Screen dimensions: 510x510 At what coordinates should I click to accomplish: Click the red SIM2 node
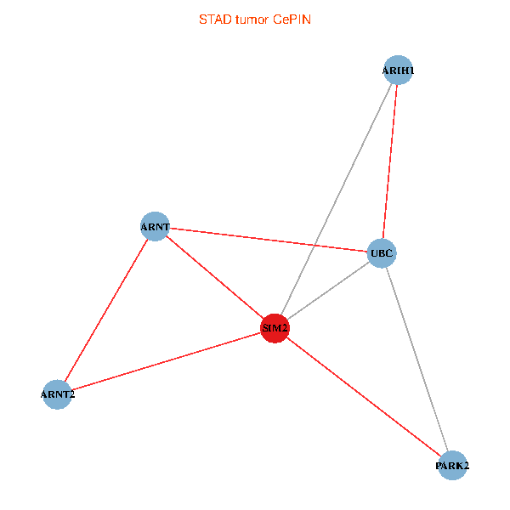pos(275,327)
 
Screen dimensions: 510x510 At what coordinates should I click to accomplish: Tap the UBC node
pos(381,253)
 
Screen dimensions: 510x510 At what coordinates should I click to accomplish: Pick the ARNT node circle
pos(155,227)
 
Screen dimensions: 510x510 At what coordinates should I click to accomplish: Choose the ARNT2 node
pos(57,394)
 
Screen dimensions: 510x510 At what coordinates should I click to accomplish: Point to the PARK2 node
pos(452,466)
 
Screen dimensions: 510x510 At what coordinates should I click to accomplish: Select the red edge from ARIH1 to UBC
pos(389,161)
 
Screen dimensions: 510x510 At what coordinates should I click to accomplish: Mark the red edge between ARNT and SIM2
pos(214,277)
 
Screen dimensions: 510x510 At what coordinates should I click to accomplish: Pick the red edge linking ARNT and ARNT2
pos(106,310)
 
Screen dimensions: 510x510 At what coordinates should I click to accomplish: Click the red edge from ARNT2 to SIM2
pos(166,360)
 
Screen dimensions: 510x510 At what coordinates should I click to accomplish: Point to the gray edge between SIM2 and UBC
pos(327,291)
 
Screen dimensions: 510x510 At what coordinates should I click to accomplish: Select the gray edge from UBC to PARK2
pos(416,360)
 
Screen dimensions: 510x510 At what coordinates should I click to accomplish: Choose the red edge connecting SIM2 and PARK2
pos(363,396)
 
